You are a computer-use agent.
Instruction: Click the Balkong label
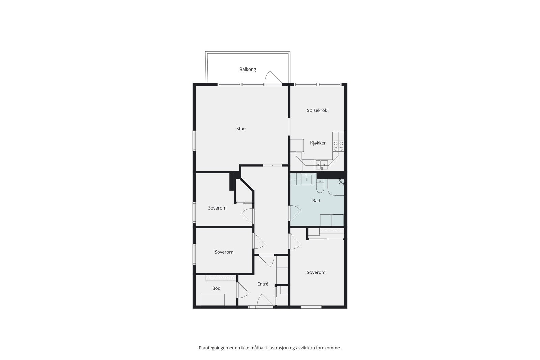[248, 69]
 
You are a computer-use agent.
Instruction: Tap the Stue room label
[241, 128]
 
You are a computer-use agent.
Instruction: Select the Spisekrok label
[317, 110]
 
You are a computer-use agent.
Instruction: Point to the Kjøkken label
[318, 143]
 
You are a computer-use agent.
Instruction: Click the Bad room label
[316, 201]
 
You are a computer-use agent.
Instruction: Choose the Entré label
[263, 284]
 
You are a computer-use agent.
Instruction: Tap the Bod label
[216, 288]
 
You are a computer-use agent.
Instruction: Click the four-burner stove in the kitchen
[339, 146]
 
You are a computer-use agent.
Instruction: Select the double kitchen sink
[322, 164]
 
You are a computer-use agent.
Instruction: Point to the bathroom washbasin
[306, 179]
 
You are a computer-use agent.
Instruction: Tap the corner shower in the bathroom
[336, 187]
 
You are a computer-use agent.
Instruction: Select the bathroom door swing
[295, 213]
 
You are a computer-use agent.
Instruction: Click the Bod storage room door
[242, 290]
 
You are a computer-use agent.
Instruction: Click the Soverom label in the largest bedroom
[316, 272]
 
